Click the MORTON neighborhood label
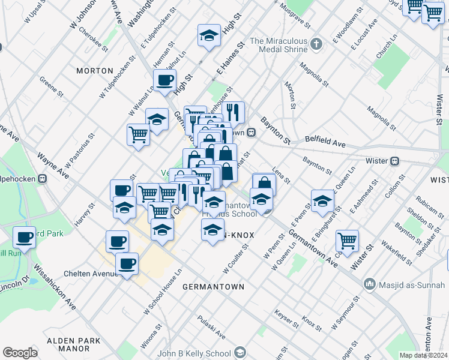click(x=94, y=71)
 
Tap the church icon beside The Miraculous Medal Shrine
click(x=318, y=43)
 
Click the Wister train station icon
click(x=395, y=161)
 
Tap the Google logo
click(x=20, y=353)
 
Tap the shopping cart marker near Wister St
click(x=347, y=240)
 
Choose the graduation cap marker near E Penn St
click(x=322, y=200)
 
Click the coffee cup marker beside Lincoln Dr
click(x=24, y=237)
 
